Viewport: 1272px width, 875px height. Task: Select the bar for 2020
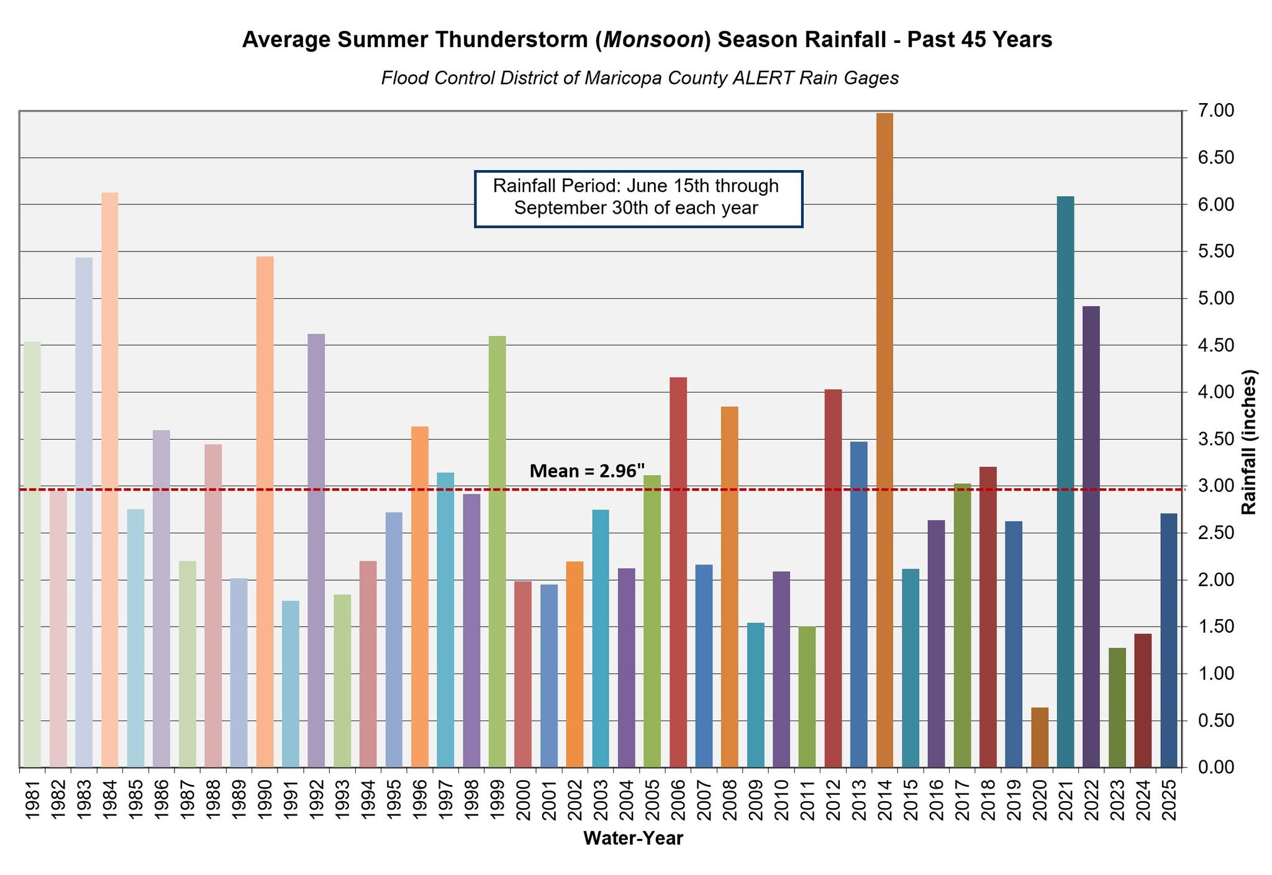pos(1039,737)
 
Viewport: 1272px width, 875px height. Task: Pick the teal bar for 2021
pos(1065,481)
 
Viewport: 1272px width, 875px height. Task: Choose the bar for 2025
pos(1168,640)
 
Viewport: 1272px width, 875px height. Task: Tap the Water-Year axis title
pos(633,839)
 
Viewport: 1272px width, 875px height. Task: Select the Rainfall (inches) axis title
pos(1248,442)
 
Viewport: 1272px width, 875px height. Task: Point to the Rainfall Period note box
pos(638,199)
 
